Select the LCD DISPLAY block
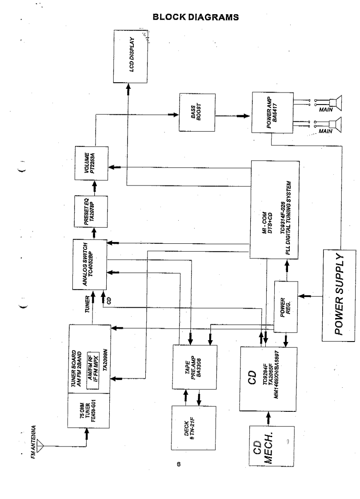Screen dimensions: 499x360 point(132,56)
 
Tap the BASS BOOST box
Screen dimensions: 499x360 point(196,113)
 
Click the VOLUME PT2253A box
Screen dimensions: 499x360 point(91,162)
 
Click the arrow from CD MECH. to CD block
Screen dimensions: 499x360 point(268,417)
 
